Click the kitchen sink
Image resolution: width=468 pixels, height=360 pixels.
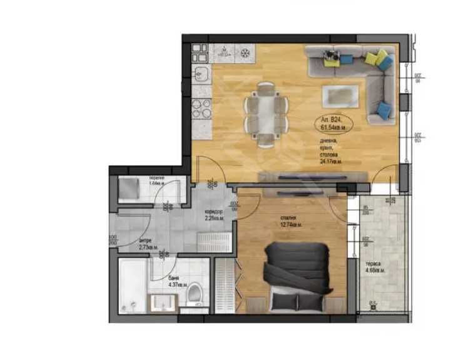[x=201, y=74]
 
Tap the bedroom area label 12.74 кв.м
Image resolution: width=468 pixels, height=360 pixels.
[x=291, y=222]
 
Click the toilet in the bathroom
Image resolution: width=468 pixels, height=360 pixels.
[x=195, y=294]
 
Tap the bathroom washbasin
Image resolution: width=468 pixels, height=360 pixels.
[x=164, y=302]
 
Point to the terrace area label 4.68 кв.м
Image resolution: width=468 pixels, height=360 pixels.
[x=375, y=267]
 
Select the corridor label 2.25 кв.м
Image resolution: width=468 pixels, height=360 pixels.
[x=214, y=215]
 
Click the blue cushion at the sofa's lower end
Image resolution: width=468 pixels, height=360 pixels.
[x=384, y=111]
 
